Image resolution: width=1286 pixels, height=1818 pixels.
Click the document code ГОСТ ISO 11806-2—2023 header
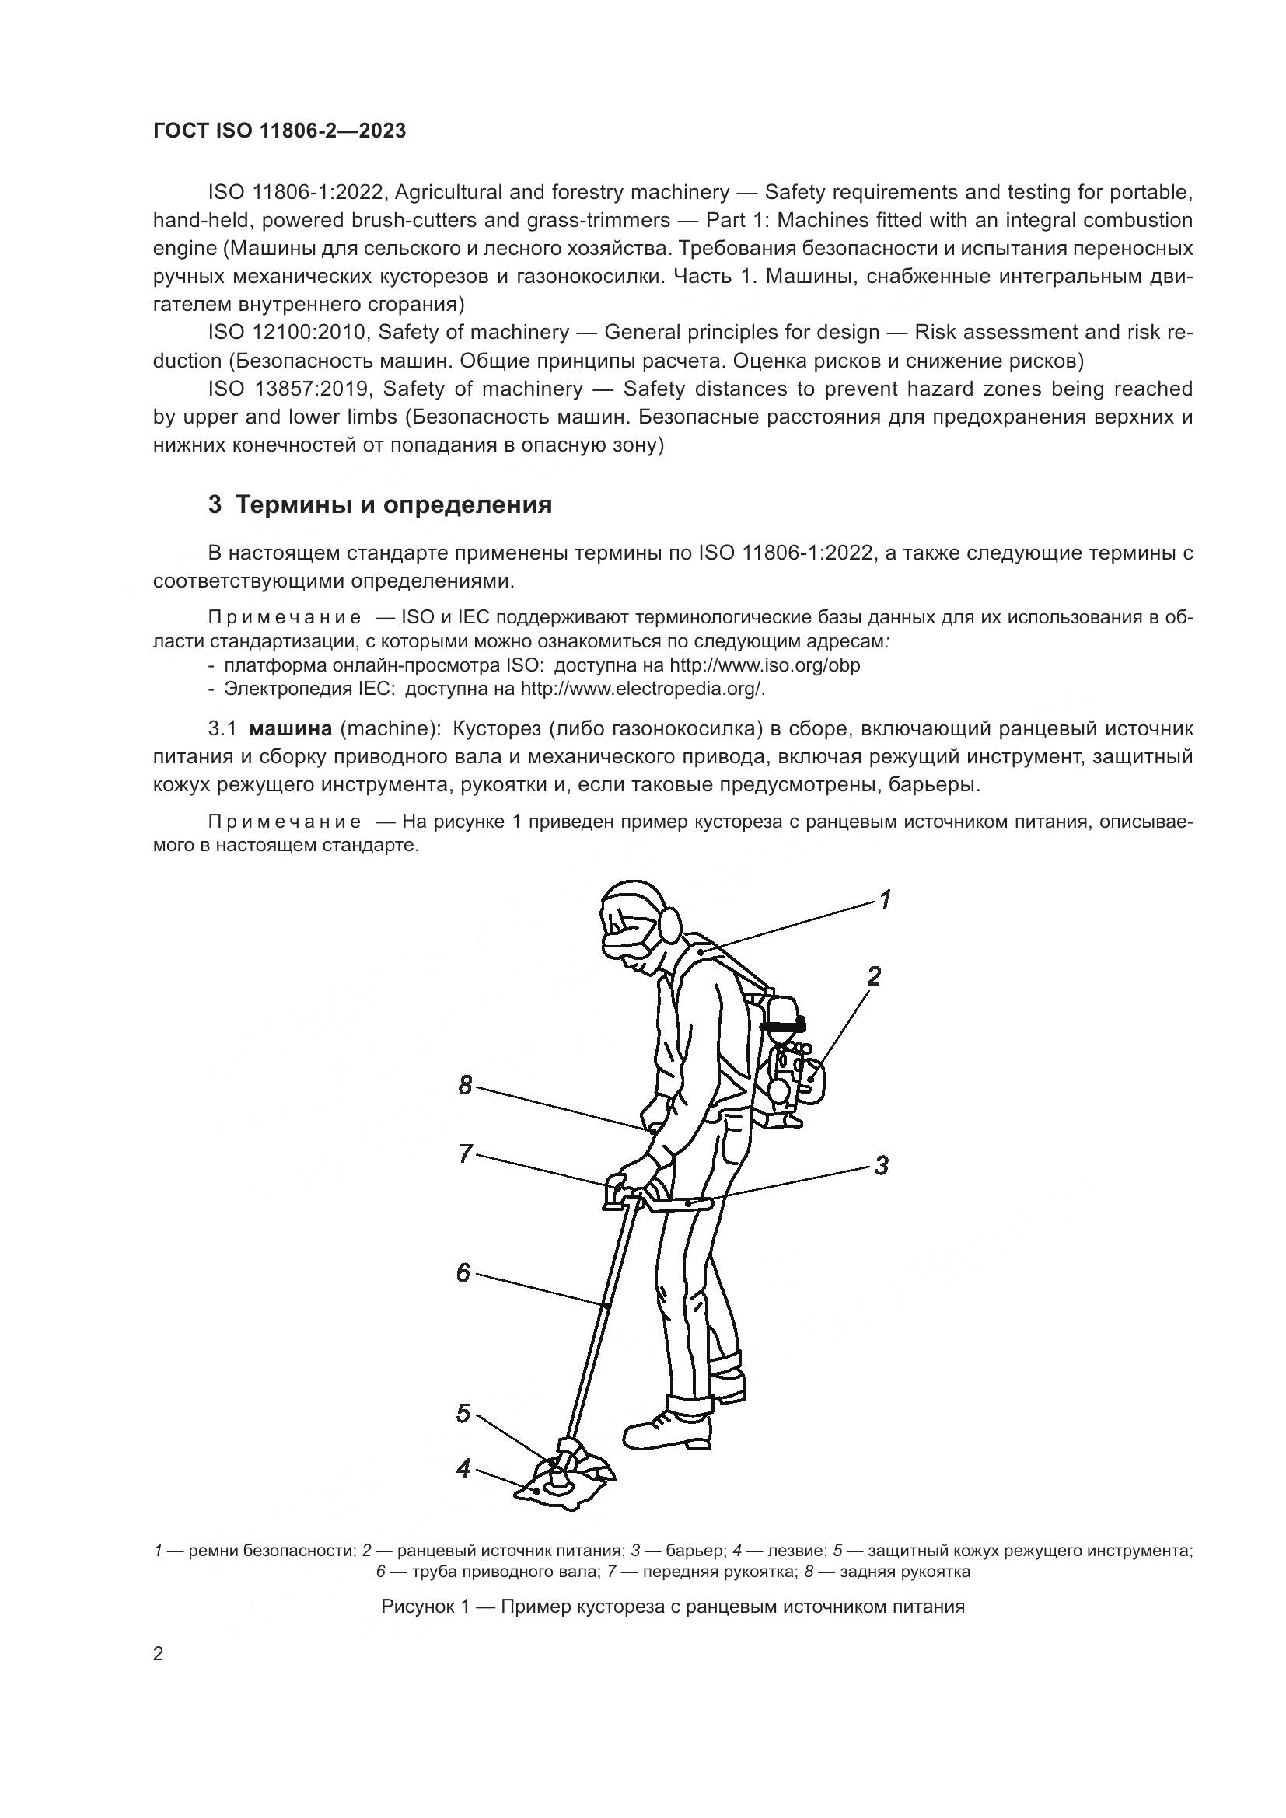point(279,131)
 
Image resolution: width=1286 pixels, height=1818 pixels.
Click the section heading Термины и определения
point(380,504)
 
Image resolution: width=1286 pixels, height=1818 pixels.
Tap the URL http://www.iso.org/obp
point(764,665)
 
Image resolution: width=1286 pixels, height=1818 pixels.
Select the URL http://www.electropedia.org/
point(641,688)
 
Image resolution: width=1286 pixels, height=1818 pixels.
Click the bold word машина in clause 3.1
point(290,728)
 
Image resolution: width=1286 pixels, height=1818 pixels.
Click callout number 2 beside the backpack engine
point(873,975)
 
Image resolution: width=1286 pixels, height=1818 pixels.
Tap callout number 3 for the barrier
point(881,1165)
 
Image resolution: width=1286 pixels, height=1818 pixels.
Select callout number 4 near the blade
point(463,1468)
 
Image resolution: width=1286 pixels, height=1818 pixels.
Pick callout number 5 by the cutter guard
point(463,1413)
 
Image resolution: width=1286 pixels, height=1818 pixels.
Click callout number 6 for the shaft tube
point(463,1272)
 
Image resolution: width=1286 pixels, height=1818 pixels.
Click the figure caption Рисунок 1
point(673,1607)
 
